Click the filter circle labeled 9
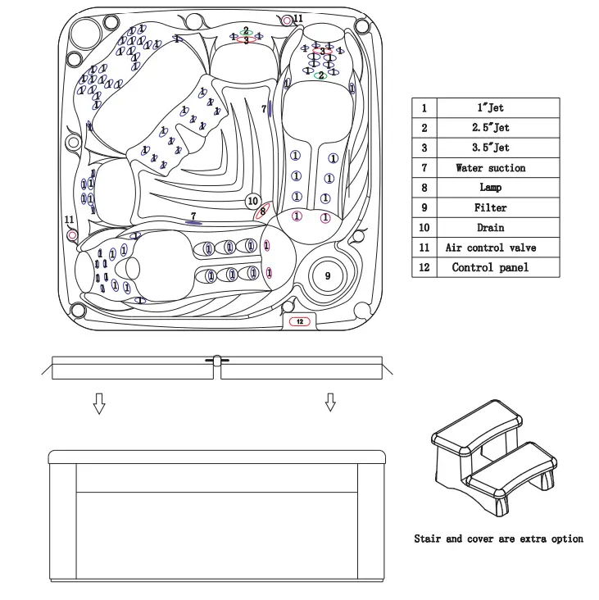(328, 276)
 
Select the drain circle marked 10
(253, 201)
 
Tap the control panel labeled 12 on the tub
(300, 322)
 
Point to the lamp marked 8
(263, 211)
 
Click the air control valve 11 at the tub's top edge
(286, 20)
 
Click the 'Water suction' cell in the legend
(490, 168)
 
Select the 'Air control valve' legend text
(490, 248)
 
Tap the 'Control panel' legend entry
(490, 267)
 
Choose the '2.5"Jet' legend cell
(490, 128)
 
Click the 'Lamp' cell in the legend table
(490, 188)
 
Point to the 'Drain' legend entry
(490, 228)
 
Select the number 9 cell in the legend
(424, 208)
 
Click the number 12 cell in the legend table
(424, 267)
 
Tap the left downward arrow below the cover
(99, 402)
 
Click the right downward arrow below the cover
(330, 402)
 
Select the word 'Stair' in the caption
(427, 539)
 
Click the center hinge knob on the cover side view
(217, 360)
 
